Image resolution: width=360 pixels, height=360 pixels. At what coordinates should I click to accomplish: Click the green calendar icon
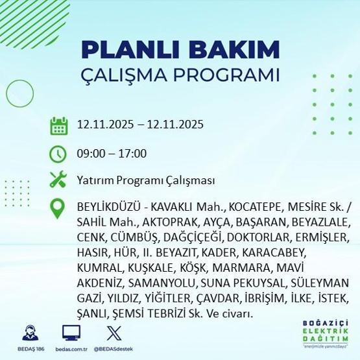[x=59, y=125]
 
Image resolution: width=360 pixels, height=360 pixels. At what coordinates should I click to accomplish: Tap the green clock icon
[x=59, y=154]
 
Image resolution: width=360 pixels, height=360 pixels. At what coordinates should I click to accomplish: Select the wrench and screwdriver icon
[x=59, y=180]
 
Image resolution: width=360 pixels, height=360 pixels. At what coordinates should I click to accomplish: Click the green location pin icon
[x=59, y=208]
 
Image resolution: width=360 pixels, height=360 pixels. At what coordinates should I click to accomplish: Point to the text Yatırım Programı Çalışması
[x=145, y=180]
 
